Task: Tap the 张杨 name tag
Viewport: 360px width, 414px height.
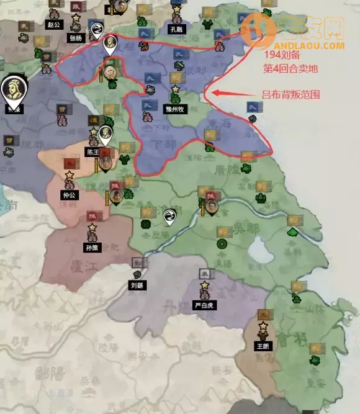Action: tap(76, 37)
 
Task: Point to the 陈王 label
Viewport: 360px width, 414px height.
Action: tap(92, 151)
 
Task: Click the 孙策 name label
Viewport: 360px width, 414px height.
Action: tap(92, 248)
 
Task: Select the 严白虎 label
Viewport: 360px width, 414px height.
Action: tap(204, 305)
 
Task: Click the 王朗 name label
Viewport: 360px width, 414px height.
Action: tap(263, 345)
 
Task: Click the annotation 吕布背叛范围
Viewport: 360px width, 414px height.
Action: tap(291, 94)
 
